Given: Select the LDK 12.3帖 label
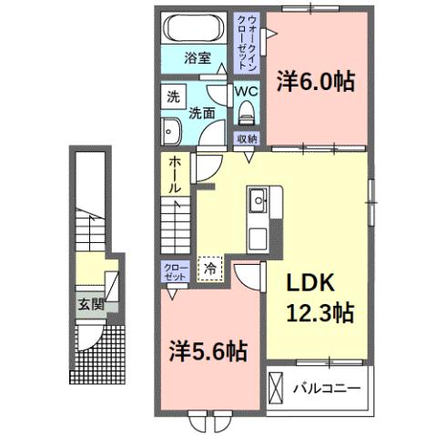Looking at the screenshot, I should pos(320,297).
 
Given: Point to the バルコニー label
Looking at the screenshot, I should pos(327,389).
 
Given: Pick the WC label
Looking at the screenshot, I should pos(247,92).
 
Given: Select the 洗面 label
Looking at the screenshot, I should pos(201,114).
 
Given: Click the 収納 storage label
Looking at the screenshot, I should pos(247,138).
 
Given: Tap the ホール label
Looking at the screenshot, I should pos(174,173).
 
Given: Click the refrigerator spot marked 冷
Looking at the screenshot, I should pos(210,269).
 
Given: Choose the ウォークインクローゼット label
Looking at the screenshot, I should pos(247,44).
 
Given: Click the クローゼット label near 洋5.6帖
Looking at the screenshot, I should pos(174,271).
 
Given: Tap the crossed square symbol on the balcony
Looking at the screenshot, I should pos(277,389).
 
